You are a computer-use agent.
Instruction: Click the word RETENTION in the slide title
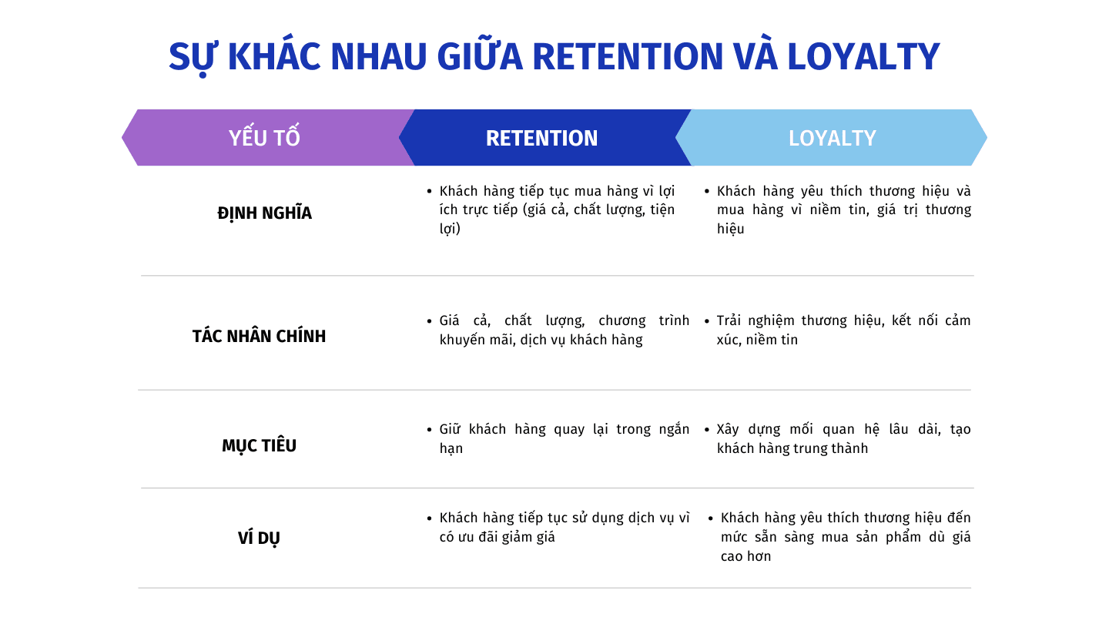628,56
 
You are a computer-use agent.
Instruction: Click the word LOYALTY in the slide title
863,56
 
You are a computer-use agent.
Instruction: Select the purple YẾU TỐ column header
264,138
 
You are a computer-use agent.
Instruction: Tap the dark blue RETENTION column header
541,138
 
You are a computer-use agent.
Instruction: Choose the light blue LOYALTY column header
832,138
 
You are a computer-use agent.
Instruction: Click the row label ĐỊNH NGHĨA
264,213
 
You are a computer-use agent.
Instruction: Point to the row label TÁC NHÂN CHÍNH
259,337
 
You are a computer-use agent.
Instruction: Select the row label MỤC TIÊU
259,446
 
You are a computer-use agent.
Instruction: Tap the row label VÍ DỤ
259,538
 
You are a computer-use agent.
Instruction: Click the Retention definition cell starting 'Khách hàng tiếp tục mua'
556,210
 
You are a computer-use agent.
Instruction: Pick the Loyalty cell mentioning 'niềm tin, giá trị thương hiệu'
843,210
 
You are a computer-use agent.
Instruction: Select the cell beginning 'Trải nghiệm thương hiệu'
843,330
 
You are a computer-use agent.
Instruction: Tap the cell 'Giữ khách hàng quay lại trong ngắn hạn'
563,438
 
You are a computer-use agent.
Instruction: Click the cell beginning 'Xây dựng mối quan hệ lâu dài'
843,438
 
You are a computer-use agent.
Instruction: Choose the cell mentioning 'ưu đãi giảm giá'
563,528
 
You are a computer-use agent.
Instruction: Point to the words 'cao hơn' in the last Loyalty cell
745,556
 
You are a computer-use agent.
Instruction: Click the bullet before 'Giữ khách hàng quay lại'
429,430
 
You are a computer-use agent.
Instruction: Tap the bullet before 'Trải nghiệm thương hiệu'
706,320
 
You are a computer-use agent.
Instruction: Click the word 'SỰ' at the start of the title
188,56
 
